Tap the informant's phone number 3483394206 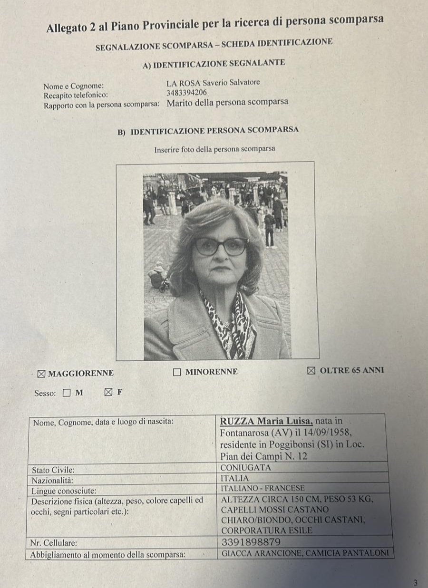click(186, 93)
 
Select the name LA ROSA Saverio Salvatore click(213, 83)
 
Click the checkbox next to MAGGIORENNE click(42, 373)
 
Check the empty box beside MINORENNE click(177, 372)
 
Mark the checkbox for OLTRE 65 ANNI click(311, 370)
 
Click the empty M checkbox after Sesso click(67, 393)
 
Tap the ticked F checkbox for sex click(108, 393)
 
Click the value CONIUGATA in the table click(246, 467)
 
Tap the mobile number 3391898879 click(252, 542)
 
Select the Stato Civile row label click(53, 470)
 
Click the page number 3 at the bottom click(415, 582)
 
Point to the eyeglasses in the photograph click(221, 246)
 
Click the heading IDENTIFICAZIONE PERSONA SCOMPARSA click(214, 130)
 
